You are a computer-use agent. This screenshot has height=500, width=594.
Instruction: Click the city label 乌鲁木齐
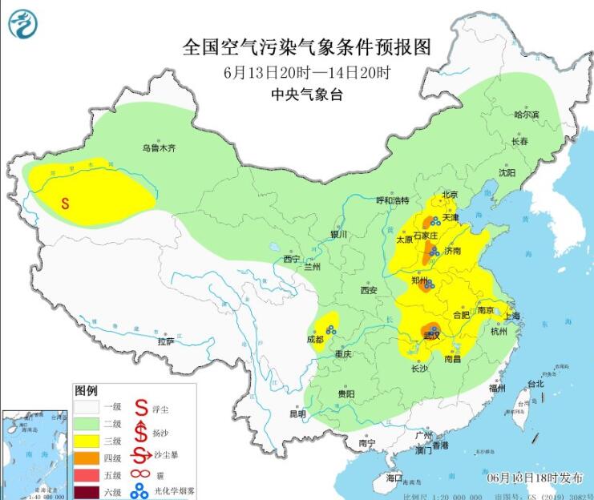[x=158, y=147]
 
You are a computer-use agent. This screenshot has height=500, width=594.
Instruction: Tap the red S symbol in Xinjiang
[x=65, y=204]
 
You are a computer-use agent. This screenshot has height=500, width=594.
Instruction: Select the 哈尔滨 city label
[x=527, y=115]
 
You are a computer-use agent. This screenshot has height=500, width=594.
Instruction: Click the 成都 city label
[x=315, y=339]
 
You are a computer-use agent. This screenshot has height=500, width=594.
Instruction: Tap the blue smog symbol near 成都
[x=329, y=329]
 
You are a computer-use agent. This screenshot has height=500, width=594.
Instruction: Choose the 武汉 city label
[x=432, y=337]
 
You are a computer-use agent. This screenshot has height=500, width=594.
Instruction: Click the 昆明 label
[x=297, y=414]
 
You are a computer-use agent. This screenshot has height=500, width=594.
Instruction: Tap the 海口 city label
[x=394, y=478]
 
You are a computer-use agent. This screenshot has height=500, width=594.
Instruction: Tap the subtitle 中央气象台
[x=307, y=95]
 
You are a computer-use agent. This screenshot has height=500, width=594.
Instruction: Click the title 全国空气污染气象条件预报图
[x=307, y=47]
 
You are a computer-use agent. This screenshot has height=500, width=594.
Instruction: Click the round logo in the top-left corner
[x=23, y=23]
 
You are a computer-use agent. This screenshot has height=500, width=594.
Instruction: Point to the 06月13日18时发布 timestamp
[x=535, y=478]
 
